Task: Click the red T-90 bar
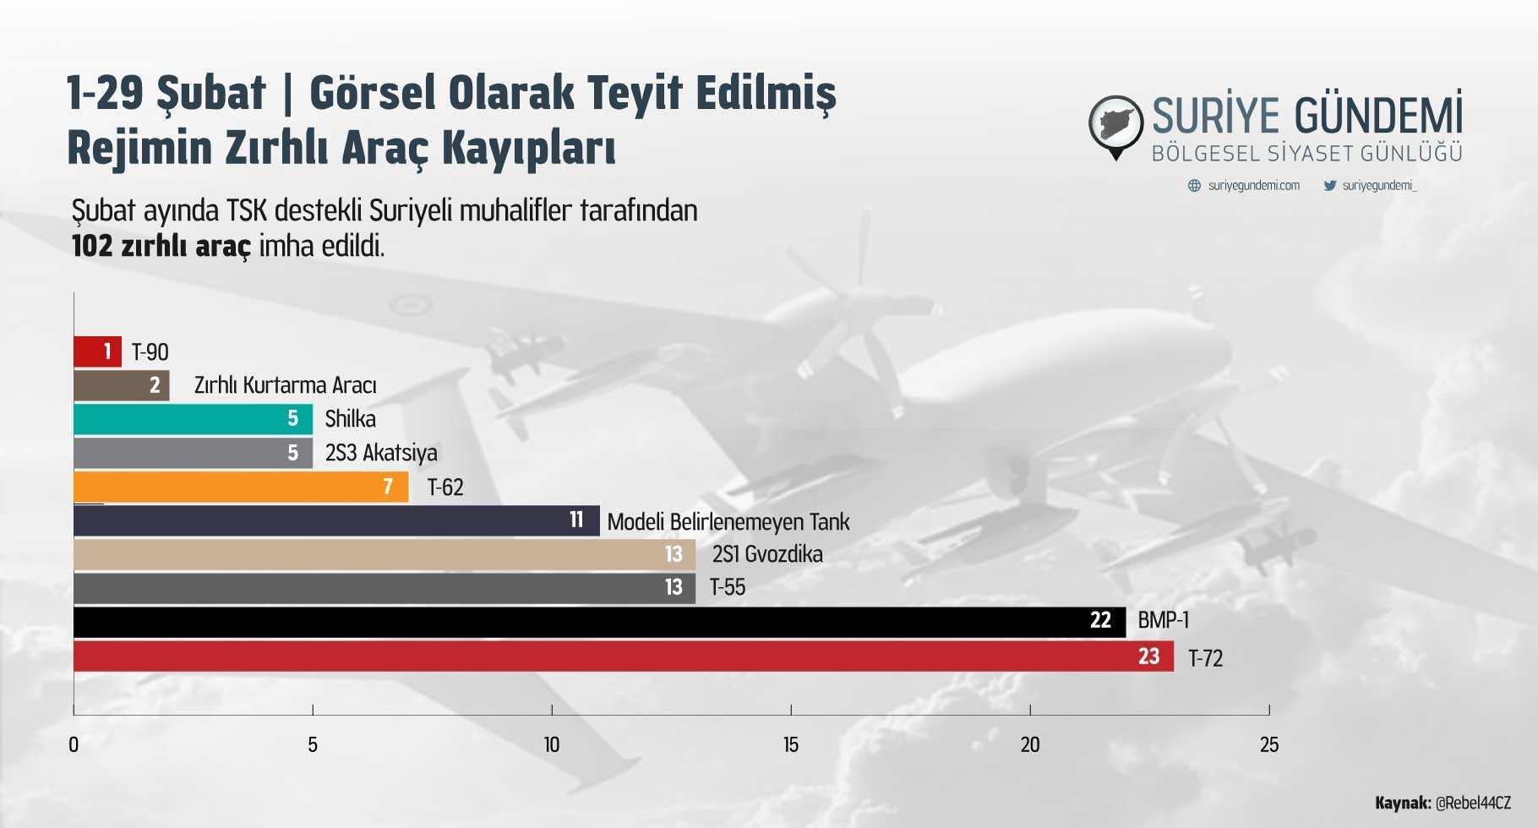97,351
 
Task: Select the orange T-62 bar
241,487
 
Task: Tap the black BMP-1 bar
599,622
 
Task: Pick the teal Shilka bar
193,419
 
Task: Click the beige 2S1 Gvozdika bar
384,554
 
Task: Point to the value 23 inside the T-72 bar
1148,656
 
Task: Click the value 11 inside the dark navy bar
576,520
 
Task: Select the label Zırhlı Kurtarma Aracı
285,385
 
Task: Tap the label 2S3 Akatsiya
381,454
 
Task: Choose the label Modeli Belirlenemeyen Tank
728,522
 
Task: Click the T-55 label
728,587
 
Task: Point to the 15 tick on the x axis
791,710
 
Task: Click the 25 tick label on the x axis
1269,744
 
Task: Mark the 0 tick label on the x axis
74,744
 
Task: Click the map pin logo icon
1115,128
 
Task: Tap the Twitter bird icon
1329,185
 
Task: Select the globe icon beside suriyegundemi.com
1194,185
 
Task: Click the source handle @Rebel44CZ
1473,803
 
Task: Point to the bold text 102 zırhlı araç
161,246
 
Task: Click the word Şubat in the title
211,93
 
